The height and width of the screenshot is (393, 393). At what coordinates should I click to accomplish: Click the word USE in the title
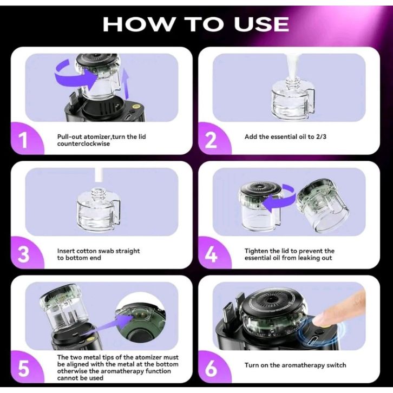coord(261,24)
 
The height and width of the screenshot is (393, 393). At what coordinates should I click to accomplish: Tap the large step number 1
coord(23,140)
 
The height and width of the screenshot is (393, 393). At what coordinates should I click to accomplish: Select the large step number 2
coord(211,140)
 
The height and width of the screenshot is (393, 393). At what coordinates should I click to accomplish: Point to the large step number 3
coord(23,254)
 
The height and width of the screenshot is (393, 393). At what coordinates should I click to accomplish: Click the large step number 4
coord(211,254)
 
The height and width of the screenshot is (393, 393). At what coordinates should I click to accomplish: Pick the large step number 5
coord(24,369)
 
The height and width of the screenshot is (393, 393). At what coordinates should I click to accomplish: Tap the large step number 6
coord(211,369)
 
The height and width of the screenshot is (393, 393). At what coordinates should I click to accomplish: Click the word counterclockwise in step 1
coord(83,144)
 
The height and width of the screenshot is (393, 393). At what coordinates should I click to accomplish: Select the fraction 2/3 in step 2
coord(321,136)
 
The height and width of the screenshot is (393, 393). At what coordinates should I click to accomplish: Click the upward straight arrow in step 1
coord(127,84)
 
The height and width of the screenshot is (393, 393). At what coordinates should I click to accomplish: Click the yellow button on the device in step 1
coord(136,107)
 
